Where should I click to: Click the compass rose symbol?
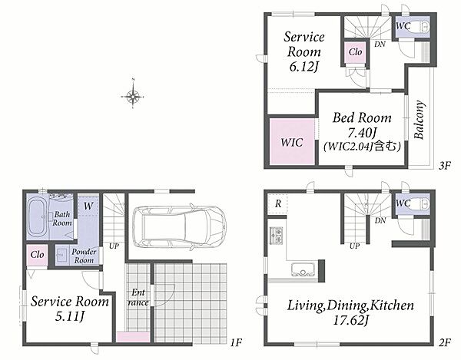(x=133, y=96)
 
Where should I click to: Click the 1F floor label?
(x=236, y=342)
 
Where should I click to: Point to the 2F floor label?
(x=445, y=342)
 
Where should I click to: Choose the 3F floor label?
(x=445, y=166)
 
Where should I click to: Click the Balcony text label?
(x=419, y=120)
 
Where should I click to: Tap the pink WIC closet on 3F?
(x=292, y=141)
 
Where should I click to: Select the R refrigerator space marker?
(x=278, y=203)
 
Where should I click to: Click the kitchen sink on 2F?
(x=303, y=269)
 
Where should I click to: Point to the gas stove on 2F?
(x=277, y=236)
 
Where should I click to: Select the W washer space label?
(x=88, y=206)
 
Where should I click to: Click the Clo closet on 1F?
(x=38, y=255)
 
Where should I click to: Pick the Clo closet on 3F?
(x=355, y=52)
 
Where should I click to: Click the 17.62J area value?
(x=350, y=320)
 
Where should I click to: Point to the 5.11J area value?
(x=70, y=316)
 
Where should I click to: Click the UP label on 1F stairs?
(x=114, y=246)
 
